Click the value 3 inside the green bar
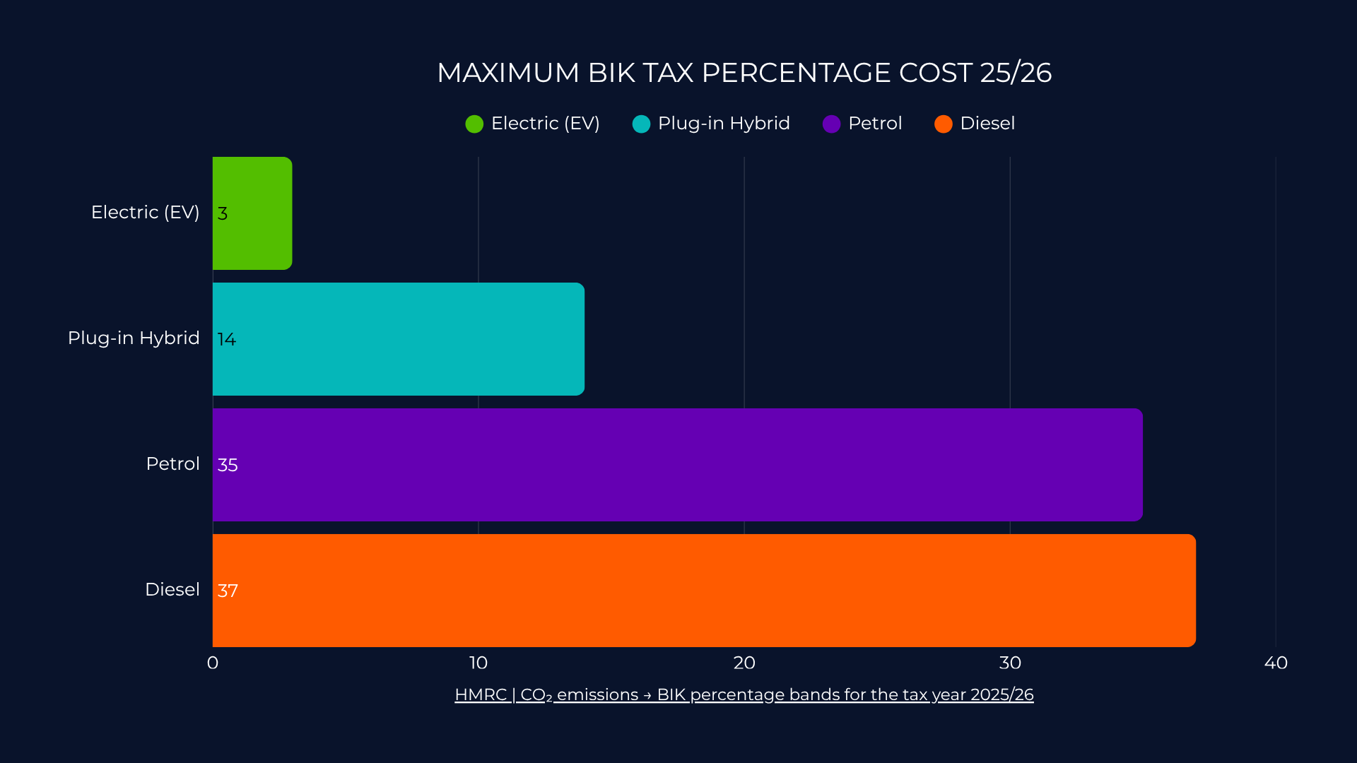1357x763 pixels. [223, 213]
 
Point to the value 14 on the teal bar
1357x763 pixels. [227, 339]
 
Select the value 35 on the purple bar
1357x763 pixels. [228, 465]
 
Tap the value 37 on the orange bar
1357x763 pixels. [228, 591]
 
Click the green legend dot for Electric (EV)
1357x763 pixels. [474, 124]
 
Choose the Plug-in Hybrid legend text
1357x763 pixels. [724, 124]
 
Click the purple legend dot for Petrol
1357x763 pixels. [831, 124]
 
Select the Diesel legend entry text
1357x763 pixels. [987, 124]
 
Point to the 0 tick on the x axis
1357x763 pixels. [213, 663]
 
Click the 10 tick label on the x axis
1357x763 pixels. [478, 663]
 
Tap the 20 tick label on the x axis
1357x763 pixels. [744, 663]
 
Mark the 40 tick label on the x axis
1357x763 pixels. [1276, 663]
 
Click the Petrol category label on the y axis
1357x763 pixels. [172, 464]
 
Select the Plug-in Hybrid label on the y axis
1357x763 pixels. [134, 338]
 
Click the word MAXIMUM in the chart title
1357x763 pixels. [507, 73]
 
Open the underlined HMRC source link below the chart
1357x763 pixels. [744, 695]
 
